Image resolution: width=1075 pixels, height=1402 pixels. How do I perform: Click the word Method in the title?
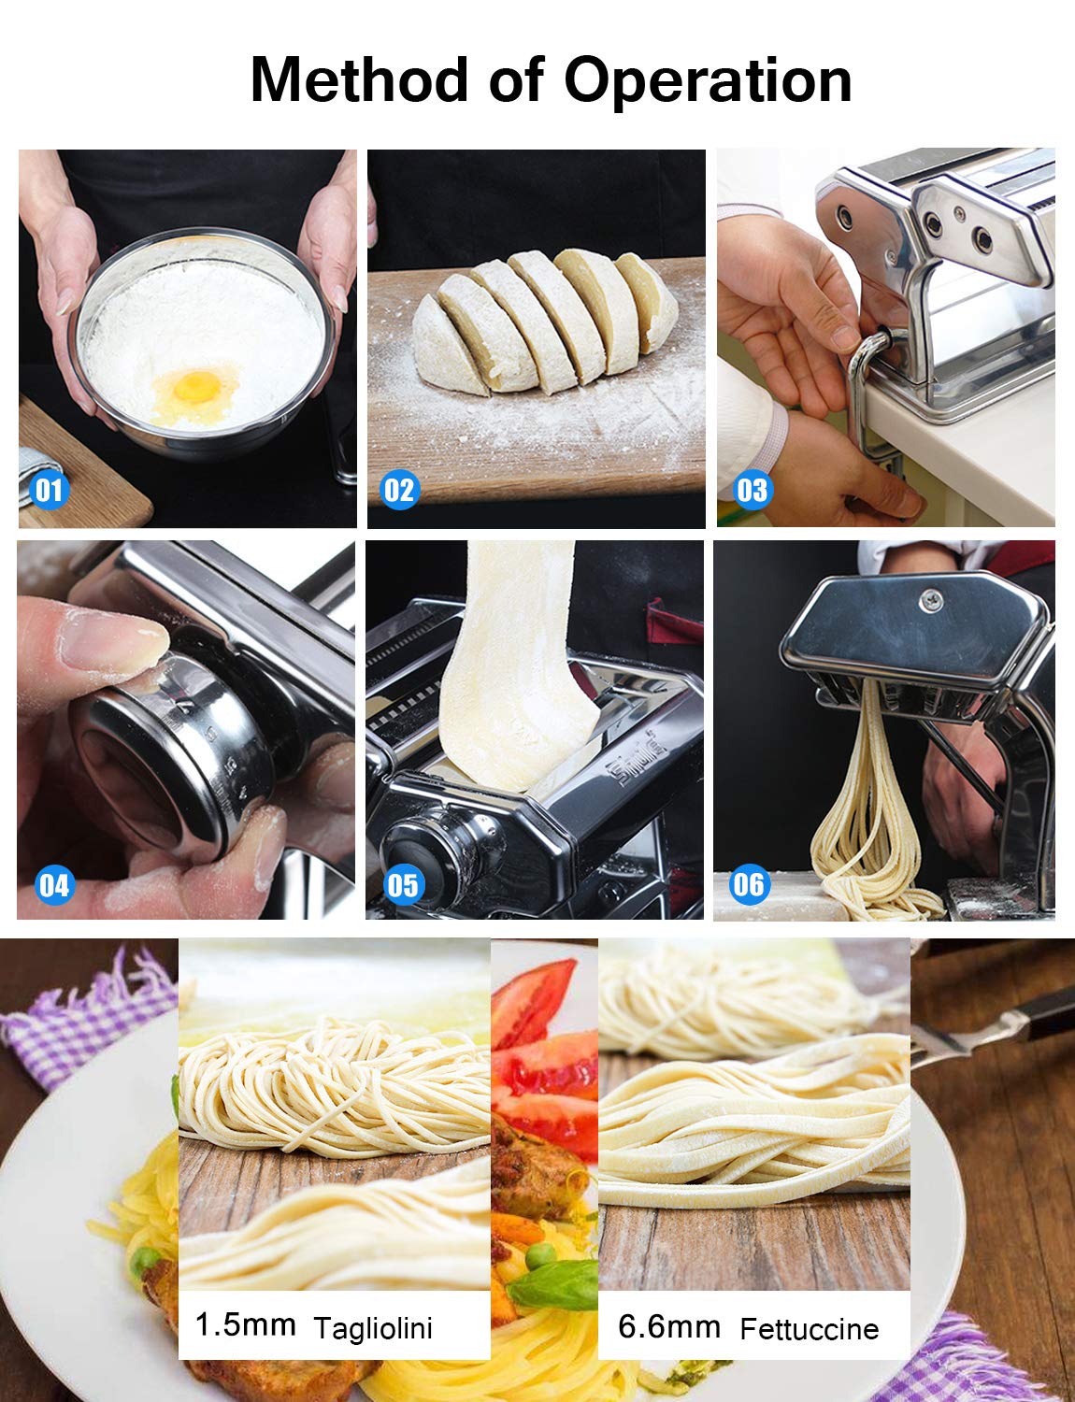click(358, 79)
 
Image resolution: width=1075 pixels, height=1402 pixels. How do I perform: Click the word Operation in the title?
click(708, 82)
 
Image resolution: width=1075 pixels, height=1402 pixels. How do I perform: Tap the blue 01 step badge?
click(49, 490)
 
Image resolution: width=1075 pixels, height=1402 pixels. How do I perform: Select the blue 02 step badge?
click(399, 490)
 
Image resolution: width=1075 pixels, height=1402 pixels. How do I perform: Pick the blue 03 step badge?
click(752, 490)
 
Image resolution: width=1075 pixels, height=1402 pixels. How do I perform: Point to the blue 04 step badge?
click(53, 885)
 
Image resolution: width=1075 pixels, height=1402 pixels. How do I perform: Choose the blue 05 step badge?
click(403, 885)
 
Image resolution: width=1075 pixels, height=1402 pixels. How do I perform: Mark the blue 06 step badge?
click(749, 884)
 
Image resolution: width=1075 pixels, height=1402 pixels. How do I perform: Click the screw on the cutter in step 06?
click(930, 601)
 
